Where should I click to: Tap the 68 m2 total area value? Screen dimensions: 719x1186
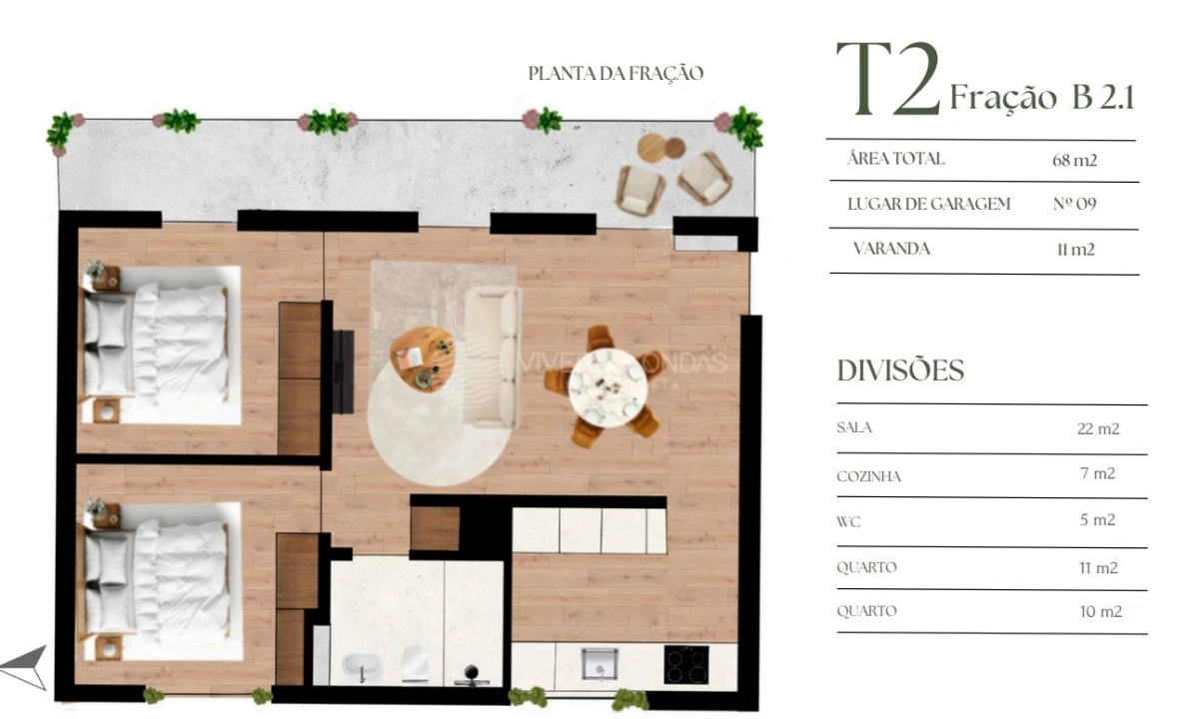coord(1075,160)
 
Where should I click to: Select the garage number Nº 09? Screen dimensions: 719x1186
coord(1075,205)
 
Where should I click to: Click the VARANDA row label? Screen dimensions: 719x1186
coord(891,249)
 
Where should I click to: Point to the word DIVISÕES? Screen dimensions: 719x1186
coord(900,370)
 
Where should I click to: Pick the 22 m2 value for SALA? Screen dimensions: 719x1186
coord(1098,429)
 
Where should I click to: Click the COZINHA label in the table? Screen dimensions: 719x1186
coord(868,476)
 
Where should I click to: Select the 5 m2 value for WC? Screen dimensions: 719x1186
coord(1097,520)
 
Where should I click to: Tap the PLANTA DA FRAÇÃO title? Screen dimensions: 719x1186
coord(615,73)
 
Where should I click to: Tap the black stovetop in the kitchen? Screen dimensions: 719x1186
coord(685,663)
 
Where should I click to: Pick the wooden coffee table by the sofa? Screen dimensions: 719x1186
coord(423,359)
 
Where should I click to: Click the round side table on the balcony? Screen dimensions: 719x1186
coord(653,147)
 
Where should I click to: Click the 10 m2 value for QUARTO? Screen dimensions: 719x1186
coord(1100,611)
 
